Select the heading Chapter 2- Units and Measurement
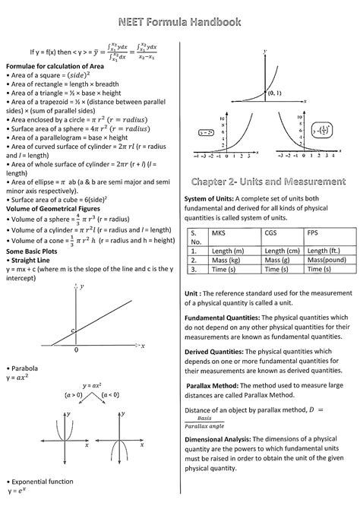(x=264, y=182)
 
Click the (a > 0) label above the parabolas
(x=74, y=395)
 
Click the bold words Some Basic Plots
(x=36, y=250)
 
